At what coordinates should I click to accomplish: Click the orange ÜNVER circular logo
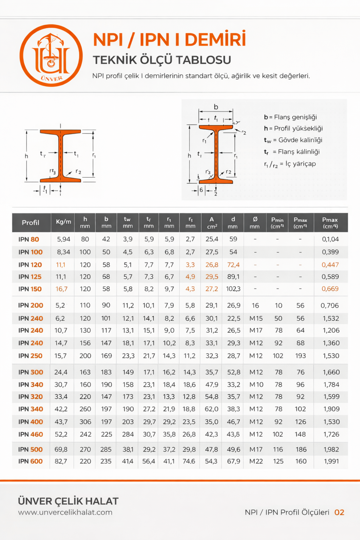pyautogui.click(x=51, y=55)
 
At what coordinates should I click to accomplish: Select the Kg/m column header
pyautogui.click(x=63, y=222)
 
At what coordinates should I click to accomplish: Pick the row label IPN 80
pyautogui.click(x=29, y=239)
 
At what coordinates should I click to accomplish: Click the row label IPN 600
pyautogui.click(x=30, y=461)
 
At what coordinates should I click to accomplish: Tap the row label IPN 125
pyautogui.click(x=30, y=277)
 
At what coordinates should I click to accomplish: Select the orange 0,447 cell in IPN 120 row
pyautogui.click(x=330, y=265)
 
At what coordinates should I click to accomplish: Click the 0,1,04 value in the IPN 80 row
pyautogui.click(x=330, y=239)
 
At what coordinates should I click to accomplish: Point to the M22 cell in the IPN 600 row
pyautogui.click(x=256, y=461)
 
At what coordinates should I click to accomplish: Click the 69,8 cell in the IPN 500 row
pyautogui.click(x=61, y=450)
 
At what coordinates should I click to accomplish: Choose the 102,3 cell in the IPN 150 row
pyautogui.click(x=233, y=289)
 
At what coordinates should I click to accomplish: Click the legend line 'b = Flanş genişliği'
pyautogui.click(x=290, y=117)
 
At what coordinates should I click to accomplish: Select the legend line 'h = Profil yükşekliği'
pyautogui.click(x=293, y=128)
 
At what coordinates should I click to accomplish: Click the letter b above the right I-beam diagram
pyautogui.click(x=216, y=107)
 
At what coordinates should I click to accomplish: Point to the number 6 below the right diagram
pyautogui.click(x=201, y=190)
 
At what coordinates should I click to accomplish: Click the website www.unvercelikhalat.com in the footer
pyautogui.click(x=65, y=512)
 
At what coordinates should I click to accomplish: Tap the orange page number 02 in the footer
pyautogui.click(x=339, y=512)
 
